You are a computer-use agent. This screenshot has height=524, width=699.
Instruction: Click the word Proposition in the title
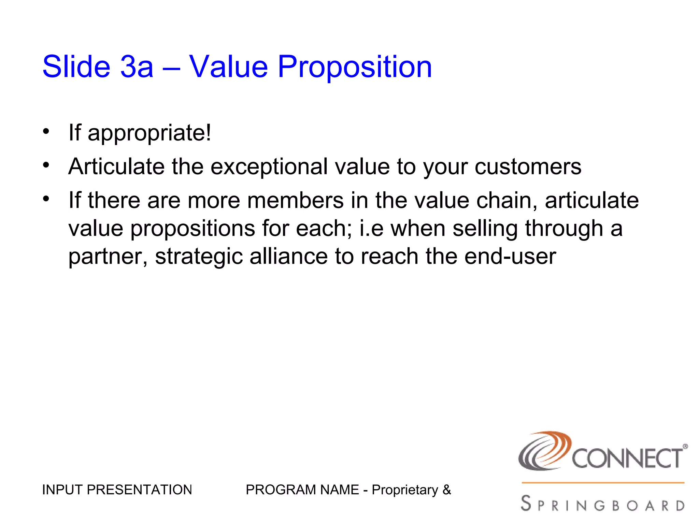355,67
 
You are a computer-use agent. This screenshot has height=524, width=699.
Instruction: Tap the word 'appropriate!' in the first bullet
149,133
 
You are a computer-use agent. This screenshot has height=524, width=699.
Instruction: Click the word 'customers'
528,167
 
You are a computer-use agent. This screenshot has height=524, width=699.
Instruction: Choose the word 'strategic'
199,257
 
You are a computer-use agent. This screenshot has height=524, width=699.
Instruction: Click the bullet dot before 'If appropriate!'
46,131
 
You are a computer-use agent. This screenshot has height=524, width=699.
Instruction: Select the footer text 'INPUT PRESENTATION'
117,490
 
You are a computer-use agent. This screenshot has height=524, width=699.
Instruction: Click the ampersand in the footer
446,490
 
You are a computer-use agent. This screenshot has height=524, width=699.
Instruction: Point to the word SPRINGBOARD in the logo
603,504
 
